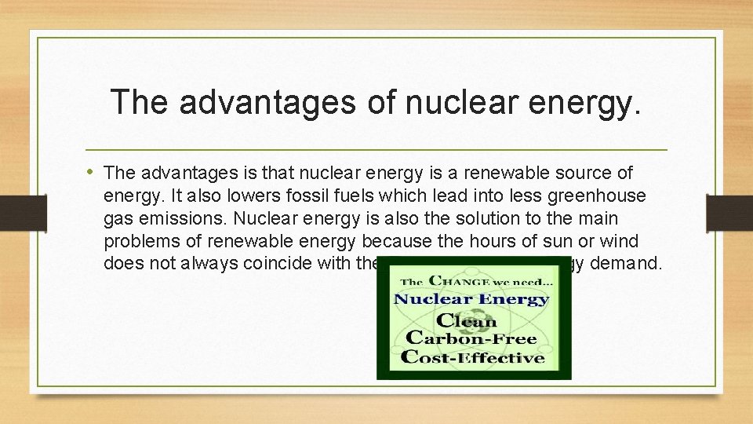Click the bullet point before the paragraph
[x=93, y=171]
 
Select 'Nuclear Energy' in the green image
[x=471, y=299]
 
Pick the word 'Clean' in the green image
[x=467, y=320]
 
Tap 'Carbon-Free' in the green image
[x=470, y=338]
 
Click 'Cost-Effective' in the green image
[x=473, y=357]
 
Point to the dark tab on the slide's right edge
[x=729, y=212]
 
